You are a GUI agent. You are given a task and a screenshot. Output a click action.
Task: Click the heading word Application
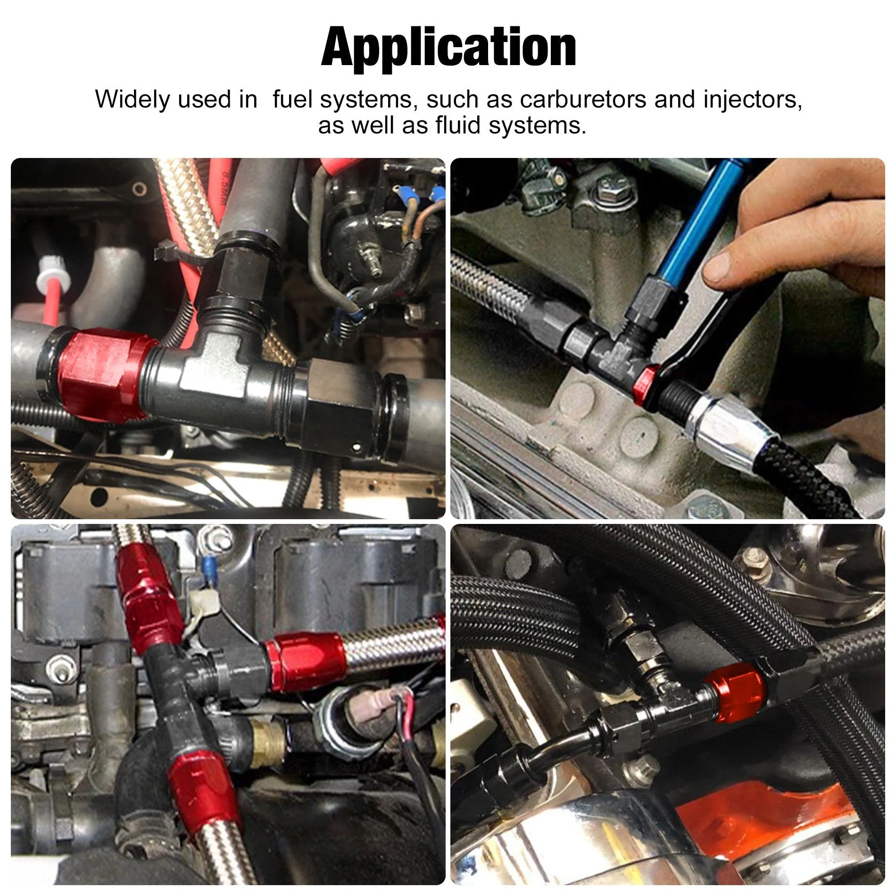point(448,49)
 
